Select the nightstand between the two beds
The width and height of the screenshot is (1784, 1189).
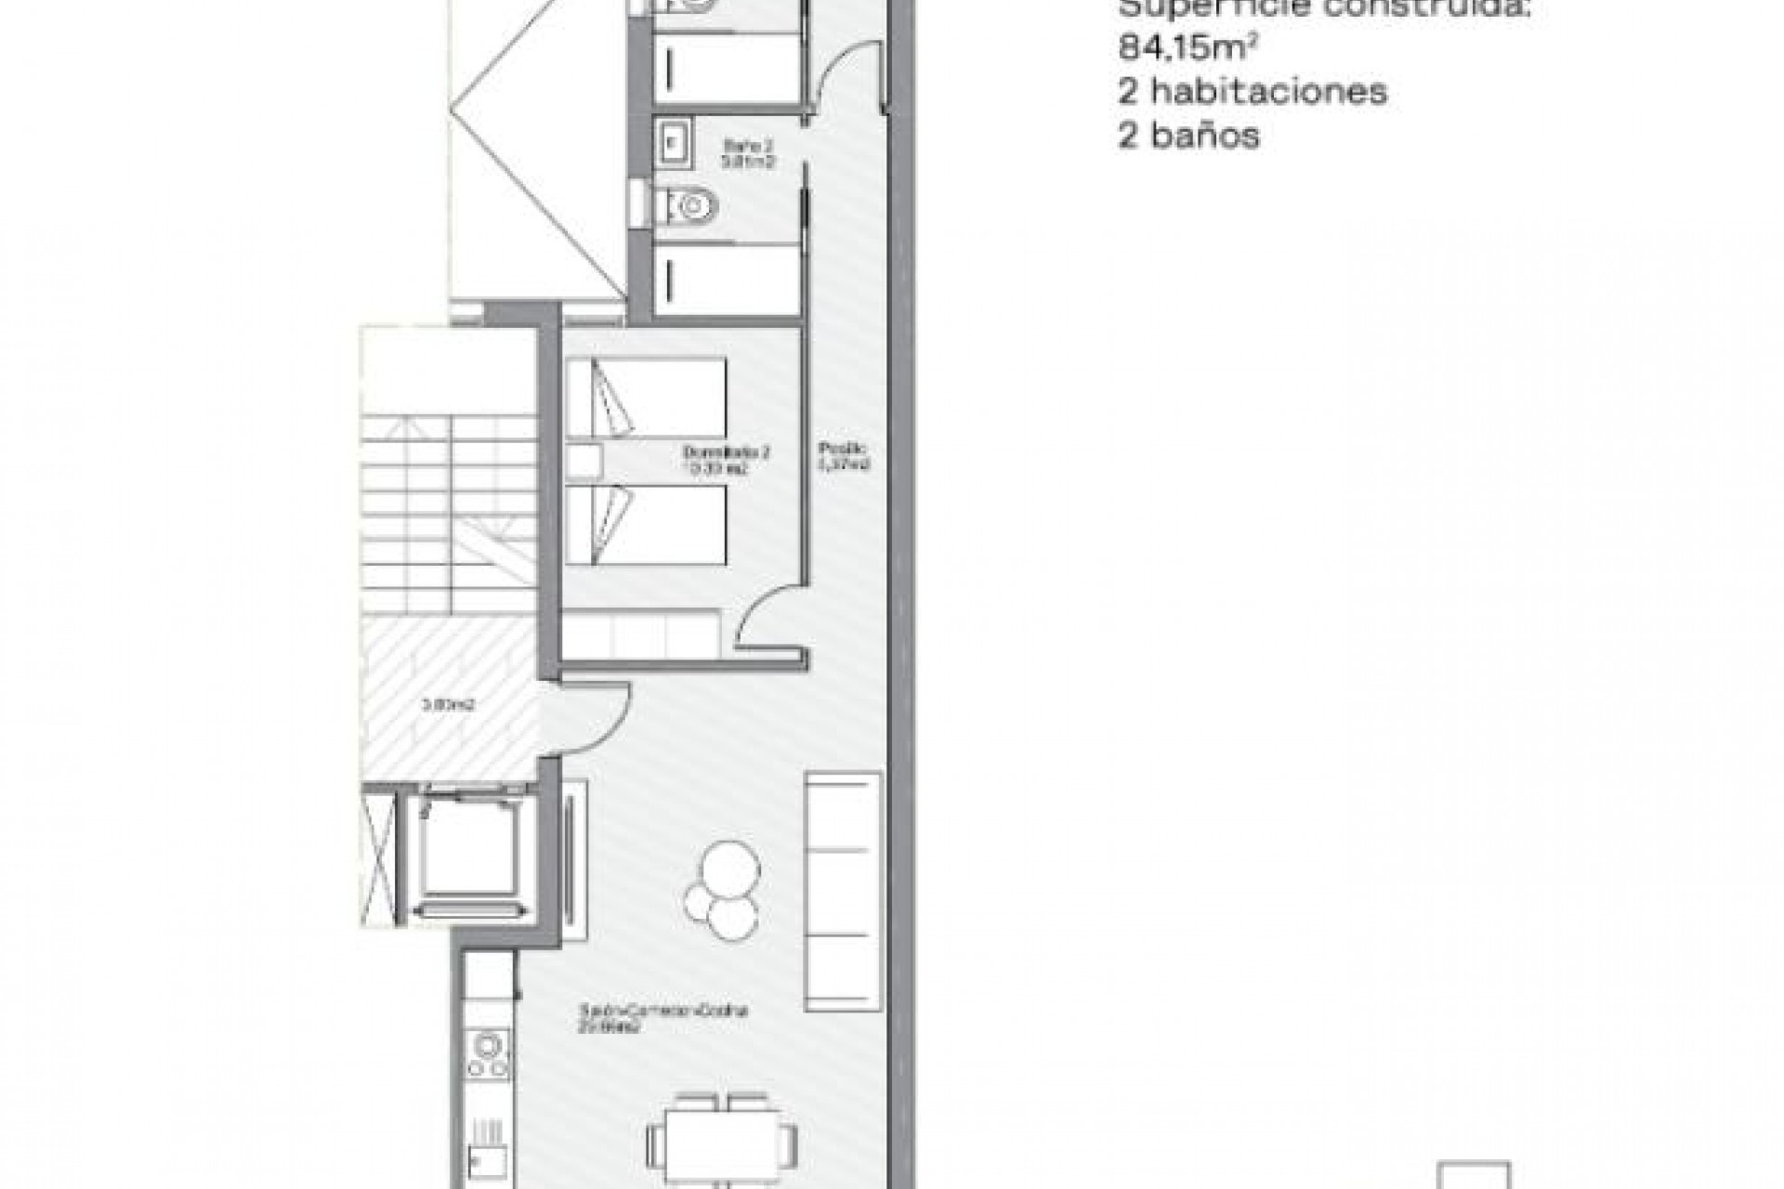[584, 461]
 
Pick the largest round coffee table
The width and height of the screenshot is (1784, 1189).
[730, 869]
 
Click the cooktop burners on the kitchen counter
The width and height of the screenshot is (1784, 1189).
[488, 1053]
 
